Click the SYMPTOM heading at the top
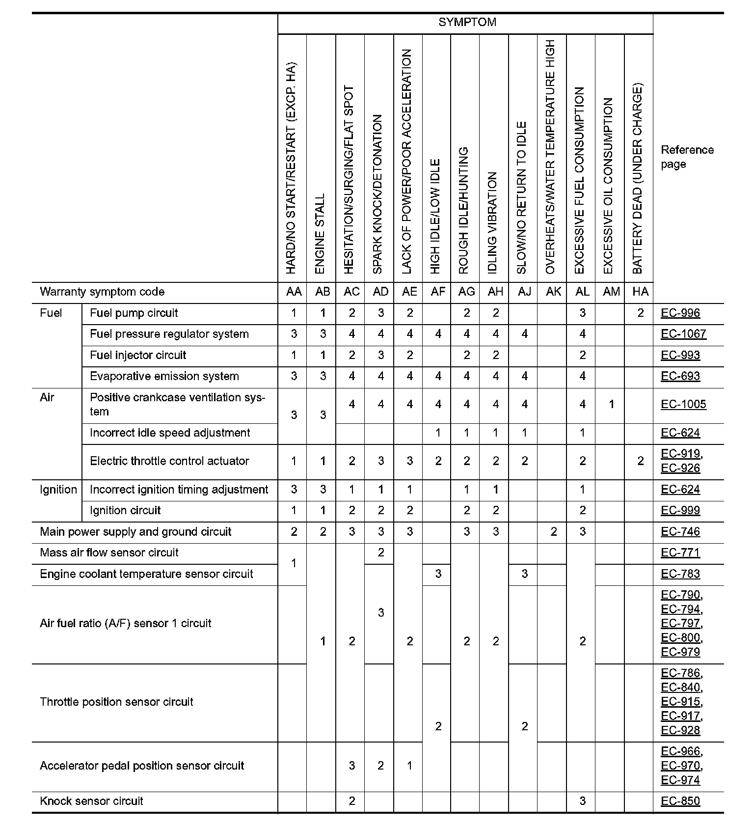467,22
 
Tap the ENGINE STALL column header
320,233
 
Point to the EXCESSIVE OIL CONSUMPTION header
608,186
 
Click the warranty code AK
553,292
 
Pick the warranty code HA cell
640,292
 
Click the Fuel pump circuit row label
134,313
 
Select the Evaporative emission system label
164,376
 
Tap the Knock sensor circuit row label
91,801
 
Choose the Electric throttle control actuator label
169,461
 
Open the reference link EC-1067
683,334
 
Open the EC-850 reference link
680,801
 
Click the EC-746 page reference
680,532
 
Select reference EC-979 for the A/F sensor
680,652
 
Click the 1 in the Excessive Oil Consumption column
611,404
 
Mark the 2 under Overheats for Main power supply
553,532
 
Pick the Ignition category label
58,490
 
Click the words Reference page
687,157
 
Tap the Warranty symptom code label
102,292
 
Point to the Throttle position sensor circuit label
116,702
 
